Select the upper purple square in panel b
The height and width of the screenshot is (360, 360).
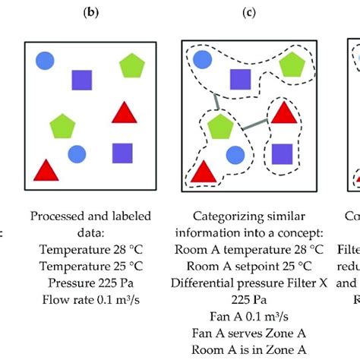[81, 80]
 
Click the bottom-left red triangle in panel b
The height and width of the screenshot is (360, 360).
[44, 170]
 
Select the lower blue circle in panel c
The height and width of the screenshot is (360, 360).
[235, 155]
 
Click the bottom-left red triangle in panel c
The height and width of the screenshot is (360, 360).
[203, 172]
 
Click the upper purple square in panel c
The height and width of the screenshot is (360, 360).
[241, 78]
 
